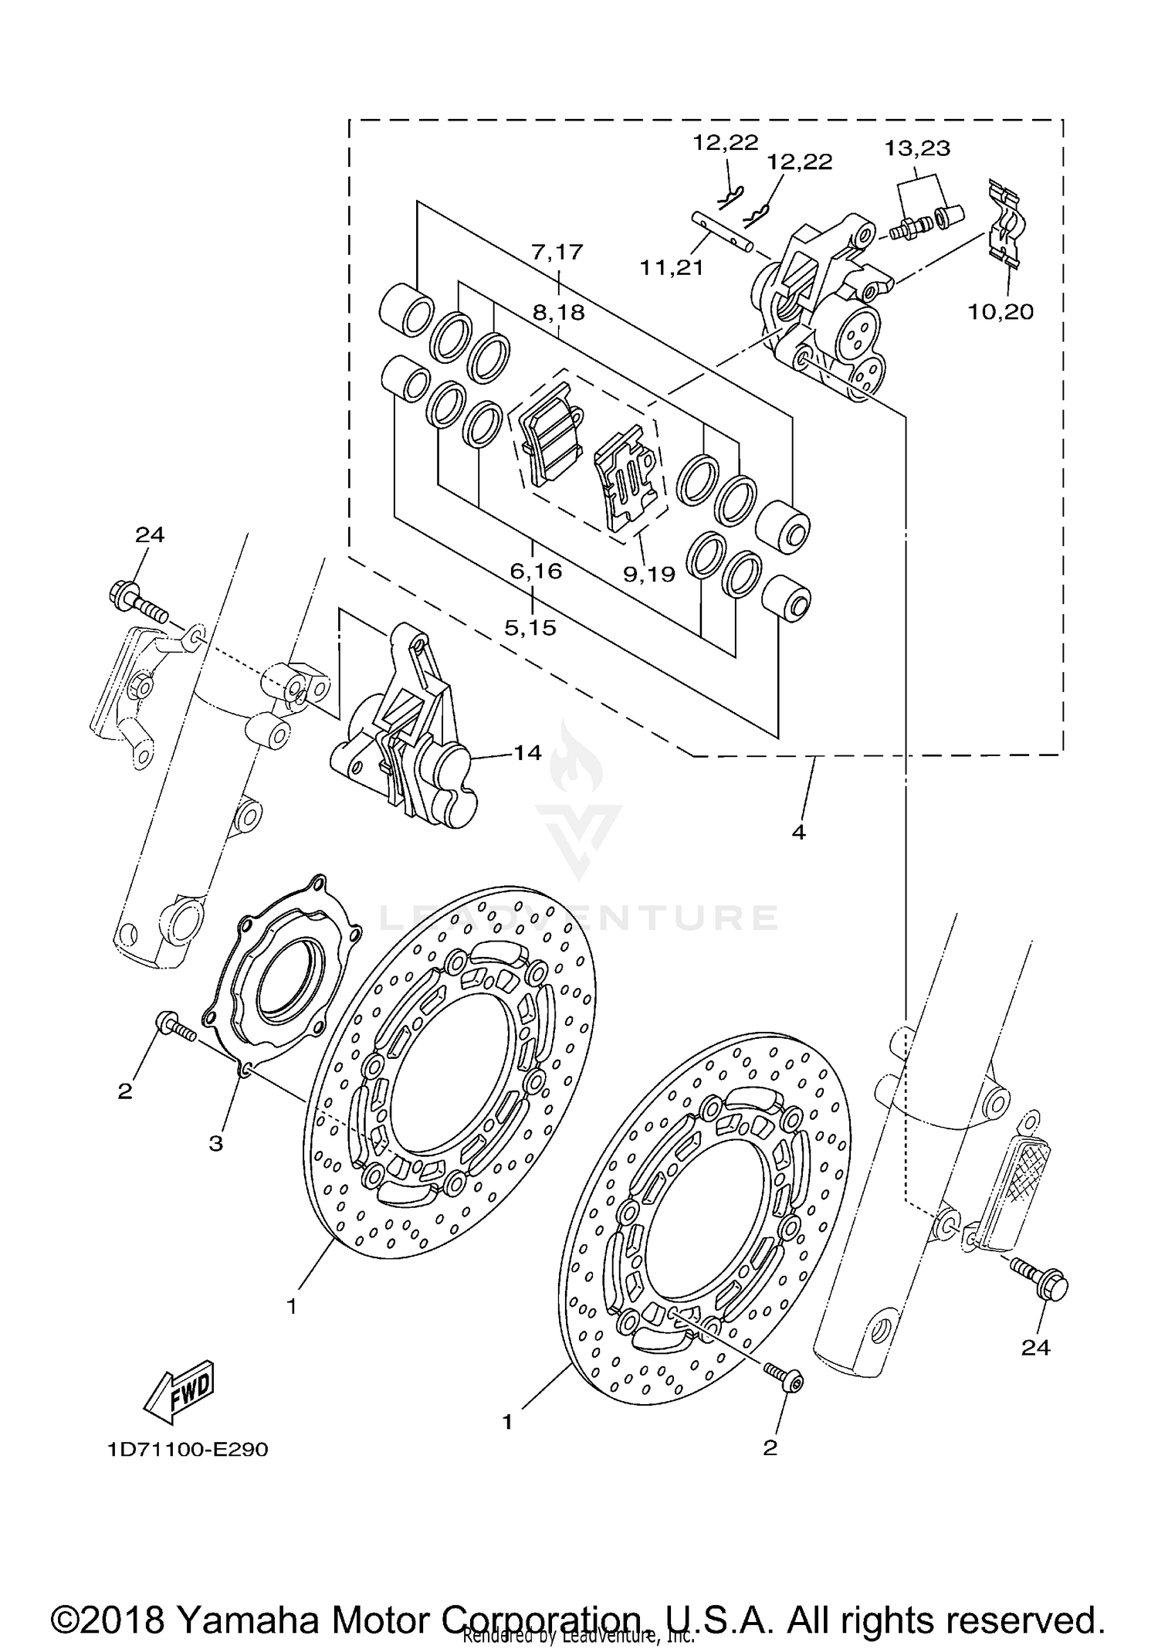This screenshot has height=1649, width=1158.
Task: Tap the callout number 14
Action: (x=528, y=752)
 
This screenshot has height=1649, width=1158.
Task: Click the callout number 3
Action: (x=215, y=1142)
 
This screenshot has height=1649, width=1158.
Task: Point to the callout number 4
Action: (x=798, y=832)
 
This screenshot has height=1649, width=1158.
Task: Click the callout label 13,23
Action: (x=917, y=148)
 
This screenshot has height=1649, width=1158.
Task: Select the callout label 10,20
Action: (x=1001, y=311)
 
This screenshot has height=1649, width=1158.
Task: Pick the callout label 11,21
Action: (x=671, y=268)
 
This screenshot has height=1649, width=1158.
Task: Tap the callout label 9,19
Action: (x=649, y=573)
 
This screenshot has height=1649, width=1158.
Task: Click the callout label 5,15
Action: (x=530, y=627)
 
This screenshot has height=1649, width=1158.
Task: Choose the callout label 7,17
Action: (x=557, y=252)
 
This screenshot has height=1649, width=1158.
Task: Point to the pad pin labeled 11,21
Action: (x=723, y=231)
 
